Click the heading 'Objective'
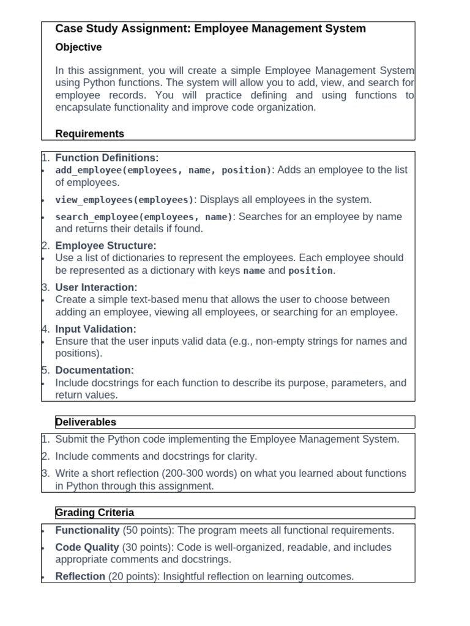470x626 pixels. click(78, 47)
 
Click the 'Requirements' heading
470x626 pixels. click(89, 133)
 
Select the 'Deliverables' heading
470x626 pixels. click(86, 422)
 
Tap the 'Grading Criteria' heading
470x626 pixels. click(94, 512)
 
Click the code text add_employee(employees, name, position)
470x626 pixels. click(163, 170)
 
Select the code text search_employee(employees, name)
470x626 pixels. click(144, 217)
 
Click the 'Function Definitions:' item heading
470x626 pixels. click(106, 158)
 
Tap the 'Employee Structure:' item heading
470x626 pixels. click(106, 246)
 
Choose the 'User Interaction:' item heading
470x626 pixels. click(96, 287)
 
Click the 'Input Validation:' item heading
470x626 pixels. click(95, 329)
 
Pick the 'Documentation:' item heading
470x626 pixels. click(94, 370)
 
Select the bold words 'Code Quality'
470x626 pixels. click(88, 547)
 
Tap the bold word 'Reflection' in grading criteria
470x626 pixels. click(80, 576)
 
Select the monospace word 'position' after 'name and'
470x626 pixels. click(310, 271)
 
